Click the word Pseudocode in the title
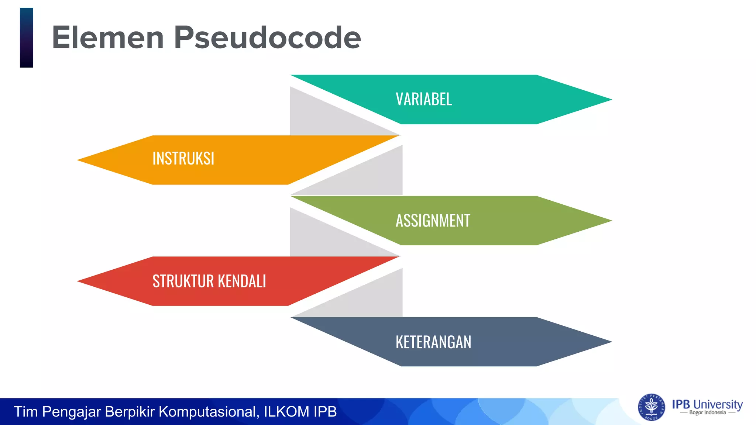[267, 38]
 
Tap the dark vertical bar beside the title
[27, 38]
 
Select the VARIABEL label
[424, 99]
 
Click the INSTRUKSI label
[183, 159]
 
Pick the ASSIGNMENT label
[433, 221]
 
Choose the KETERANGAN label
[433, 342]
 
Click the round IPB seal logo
[651, 407]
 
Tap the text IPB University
[707, 404]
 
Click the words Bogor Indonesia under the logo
[707, 413]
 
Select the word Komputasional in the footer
[209, 412]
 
